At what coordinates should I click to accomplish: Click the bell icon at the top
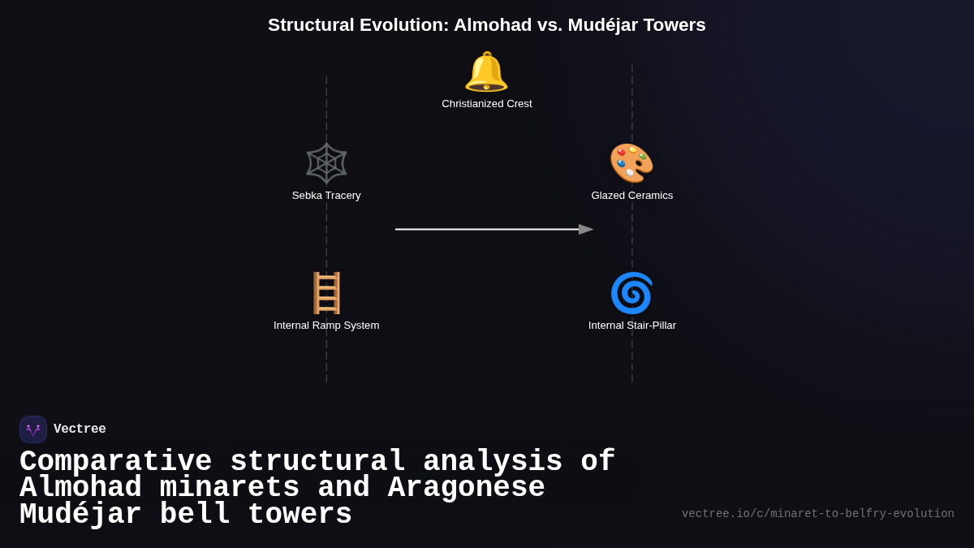(x=486, y=71)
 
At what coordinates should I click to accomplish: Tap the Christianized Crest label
(x=487, y=104)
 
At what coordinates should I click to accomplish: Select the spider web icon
(x=326, y=163)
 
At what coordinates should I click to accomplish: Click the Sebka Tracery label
(x=326, y=196)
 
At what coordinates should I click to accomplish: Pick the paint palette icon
(x=631, y=163)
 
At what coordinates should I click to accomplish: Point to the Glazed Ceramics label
(x=631, y=196)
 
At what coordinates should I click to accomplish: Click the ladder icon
(x=326, y=293)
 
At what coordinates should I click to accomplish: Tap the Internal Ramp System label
(x=326, y=326)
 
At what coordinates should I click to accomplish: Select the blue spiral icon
(x=631, y=293)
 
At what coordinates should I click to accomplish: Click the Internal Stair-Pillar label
(x=631, y=326)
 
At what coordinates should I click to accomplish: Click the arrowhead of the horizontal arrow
(x=586, y=230)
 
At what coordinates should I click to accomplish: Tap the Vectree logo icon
(x=33, y=429)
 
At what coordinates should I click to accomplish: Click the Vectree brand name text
(x=80, y=429)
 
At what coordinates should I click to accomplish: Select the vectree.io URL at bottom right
(x=817, y=514)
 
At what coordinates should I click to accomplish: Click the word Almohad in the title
(x=493, y=25)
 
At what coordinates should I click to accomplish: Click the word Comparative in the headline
(x=115, y=462)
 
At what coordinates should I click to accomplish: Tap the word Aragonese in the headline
(x=466, y=488)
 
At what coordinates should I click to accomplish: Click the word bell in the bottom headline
(x=195, y=515)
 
